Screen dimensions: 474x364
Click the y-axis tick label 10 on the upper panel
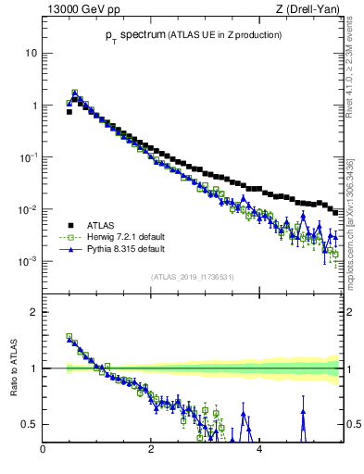pyautogui.click(x=31, y=53)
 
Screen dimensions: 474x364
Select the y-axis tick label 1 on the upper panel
pyautogui.click(x=33, y=106)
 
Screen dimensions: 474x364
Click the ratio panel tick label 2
pyautogui.click(x=33, y=312)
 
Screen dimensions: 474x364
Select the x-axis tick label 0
pyautogui.click(x=43, y=451)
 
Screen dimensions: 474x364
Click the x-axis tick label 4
pyautogui.click(x=258, y=451)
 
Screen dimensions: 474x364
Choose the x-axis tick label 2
pyautogui.click(x=151, y=451)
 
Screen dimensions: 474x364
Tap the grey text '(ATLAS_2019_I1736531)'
pyautogui.click(x=193, y=277)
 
